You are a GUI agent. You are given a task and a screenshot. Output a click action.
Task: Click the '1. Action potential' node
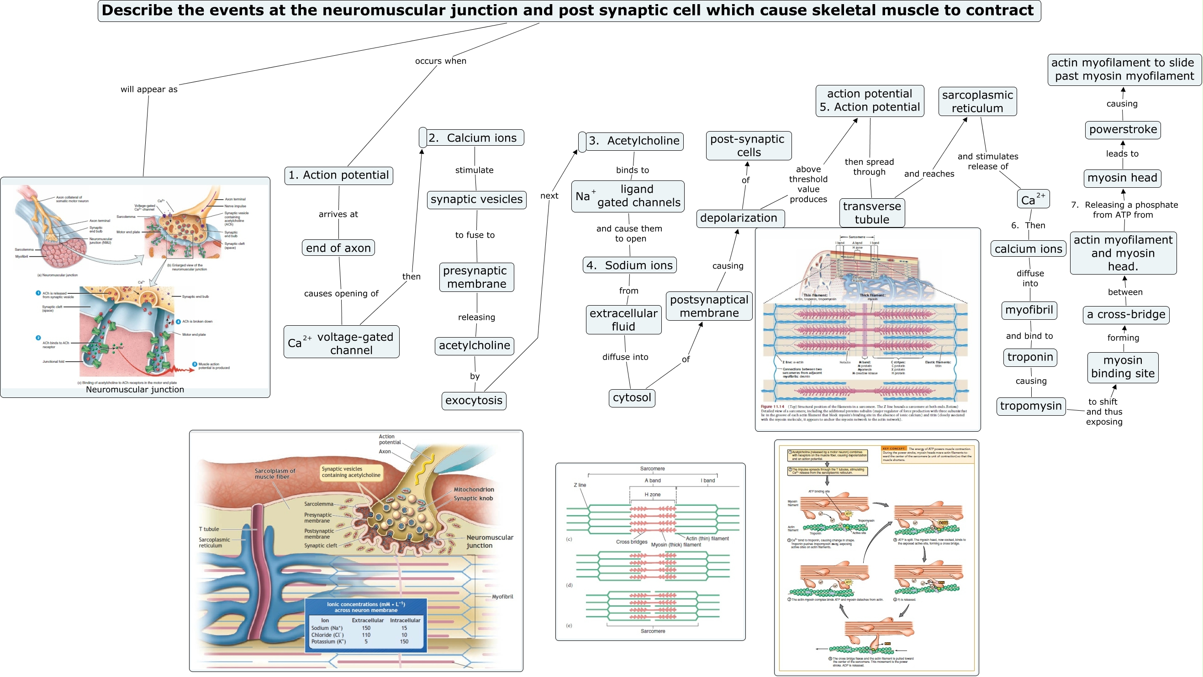338,175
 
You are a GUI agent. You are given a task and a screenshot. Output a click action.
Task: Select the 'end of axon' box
338,248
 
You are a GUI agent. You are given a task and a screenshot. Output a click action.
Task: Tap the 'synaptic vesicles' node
476,200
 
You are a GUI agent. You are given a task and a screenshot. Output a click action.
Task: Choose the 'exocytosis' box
474,401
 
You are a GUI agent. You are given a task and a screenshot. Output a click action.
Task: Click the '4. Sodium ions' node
629,265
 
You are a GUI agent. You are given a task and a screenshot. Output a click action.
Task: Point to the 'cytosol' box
631,397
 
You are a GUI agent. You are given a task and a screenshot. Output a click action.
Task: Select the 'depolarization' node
739,218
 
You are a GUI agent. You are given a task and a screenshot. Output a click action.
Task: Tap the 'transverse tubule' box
871,212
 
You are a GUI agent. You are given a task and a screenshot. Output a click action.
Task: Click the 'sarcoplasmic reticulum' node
977,101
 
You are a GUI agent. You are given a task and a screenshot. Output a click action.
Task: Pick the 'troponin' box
1030,357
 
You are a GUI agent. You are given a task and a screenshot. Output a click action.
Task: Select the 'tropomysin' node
1031,406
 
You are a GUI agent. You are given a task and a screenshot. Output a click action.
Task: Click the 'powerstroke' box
1123,129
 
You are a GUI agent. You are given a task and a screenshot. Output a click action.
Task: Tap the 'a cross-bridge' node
1125,314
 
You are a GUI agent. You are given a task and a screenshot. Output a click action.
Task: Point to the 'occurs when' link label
440,61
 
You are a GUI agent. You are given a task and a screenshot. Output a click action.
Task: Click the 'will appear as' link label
149,89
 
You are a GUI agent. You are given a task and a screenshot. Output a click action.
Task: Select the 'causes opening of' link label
341,293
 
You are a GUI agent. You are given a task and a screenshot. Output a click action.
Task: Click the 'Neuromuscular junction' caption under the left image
135,390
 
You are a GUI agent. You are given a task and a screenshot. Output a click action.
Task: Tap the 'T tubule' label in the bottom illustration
209,529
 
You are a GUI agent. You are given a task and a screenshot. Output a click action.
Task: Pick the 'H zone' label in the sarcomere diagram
652,494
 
